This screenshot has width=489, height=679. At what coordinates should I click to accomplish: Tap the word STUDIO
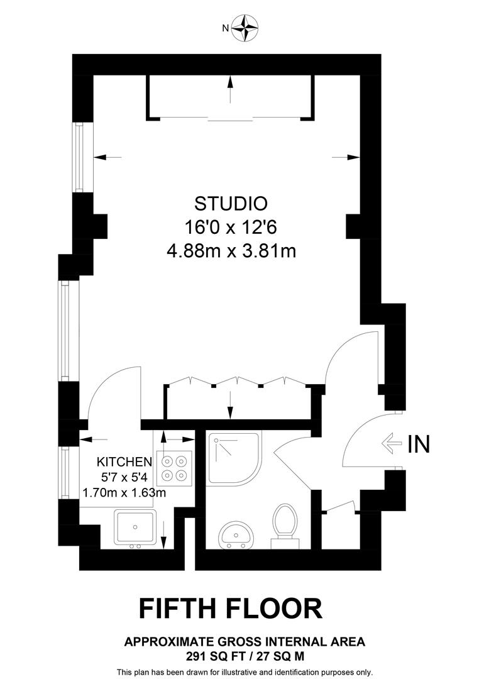point(231,204)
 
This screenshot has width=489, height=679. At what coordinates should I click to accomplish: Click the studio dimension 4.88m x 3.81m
point(231,251)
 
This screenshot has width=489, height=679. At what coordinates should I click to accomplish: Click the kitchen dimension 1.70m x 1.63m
point(124,492)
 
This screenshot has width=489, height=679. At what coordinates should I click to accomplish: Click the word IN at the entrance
point(419,444)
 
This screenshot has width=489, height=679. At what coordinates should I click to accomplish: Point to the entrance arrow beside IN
point(392,444)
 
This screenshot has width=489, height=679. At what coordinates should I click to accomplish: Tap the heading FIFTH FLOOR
point(231,608)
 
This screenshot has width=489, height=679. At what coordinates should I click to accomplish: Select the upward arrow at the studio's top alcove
point(231,89)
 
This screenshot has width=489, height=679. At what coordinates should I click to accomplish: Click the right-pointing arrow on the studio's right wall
point(346,157)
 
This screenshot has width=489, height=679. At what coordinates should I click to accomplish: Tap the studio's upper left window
point(79,157)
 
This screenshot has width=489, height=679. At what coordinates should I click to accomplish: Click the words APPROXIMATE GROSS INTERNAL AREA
point(245,642)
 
